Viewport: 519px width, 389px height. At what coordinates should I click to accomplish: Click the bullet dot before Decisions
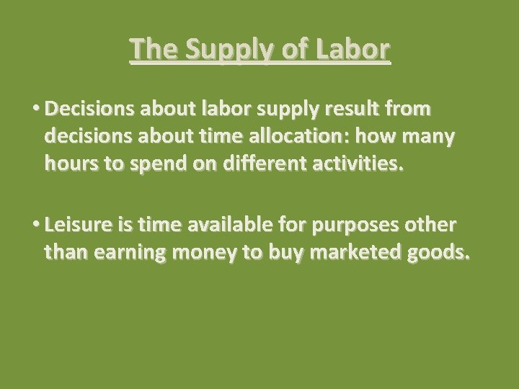click(x=35, y=109)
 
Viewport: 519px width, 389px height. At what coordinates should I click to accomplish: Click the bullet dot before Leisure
click(x=35, y=225)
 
